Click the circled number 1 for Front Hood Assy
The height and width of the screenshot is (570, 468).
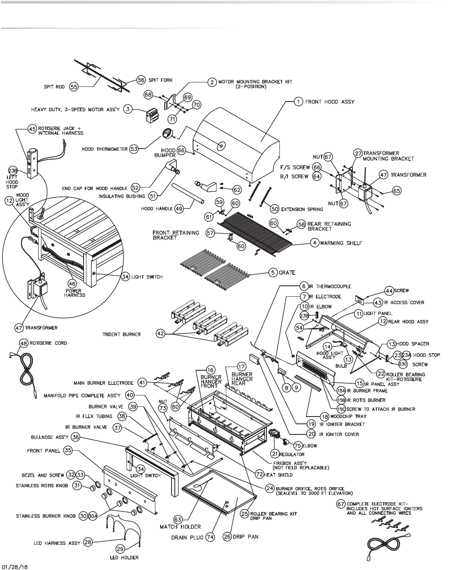[x=298, y=101]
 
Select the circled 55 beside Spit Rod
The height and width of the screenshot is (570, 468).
[x=74, y=87]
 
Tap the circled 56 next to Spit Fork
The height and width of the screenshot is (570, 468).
[x=141, y=80]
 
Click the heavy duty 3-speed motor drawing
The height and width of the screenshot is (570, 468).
[x=152, y=115]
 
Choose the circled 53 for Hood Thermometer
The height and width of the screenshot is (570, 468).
[x=134, y=149]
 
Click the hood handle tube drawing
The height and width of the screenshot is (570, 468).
[x=188, y=194]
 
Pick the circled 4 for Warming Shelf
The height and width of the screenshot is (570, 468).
[x=314, y=243]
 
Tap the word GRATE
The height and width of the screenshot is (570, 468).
[x=287, y=272]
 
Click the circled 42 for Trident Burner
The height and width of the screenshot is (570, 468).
[x=161, y=333]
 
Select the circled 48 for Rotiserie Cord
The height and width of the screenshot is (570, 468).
[x=24, y=343]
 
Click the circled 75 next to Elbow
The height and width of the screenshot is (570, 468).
[x=298, y=445]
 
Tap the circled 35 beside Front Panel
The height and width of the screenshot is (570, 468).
[x=67, y=450]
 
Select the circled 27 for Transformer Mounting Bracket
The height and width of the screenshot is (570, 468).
[x=358, y=153]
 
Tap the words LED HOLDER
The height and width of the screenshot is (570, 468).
[x=124, y=557]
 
